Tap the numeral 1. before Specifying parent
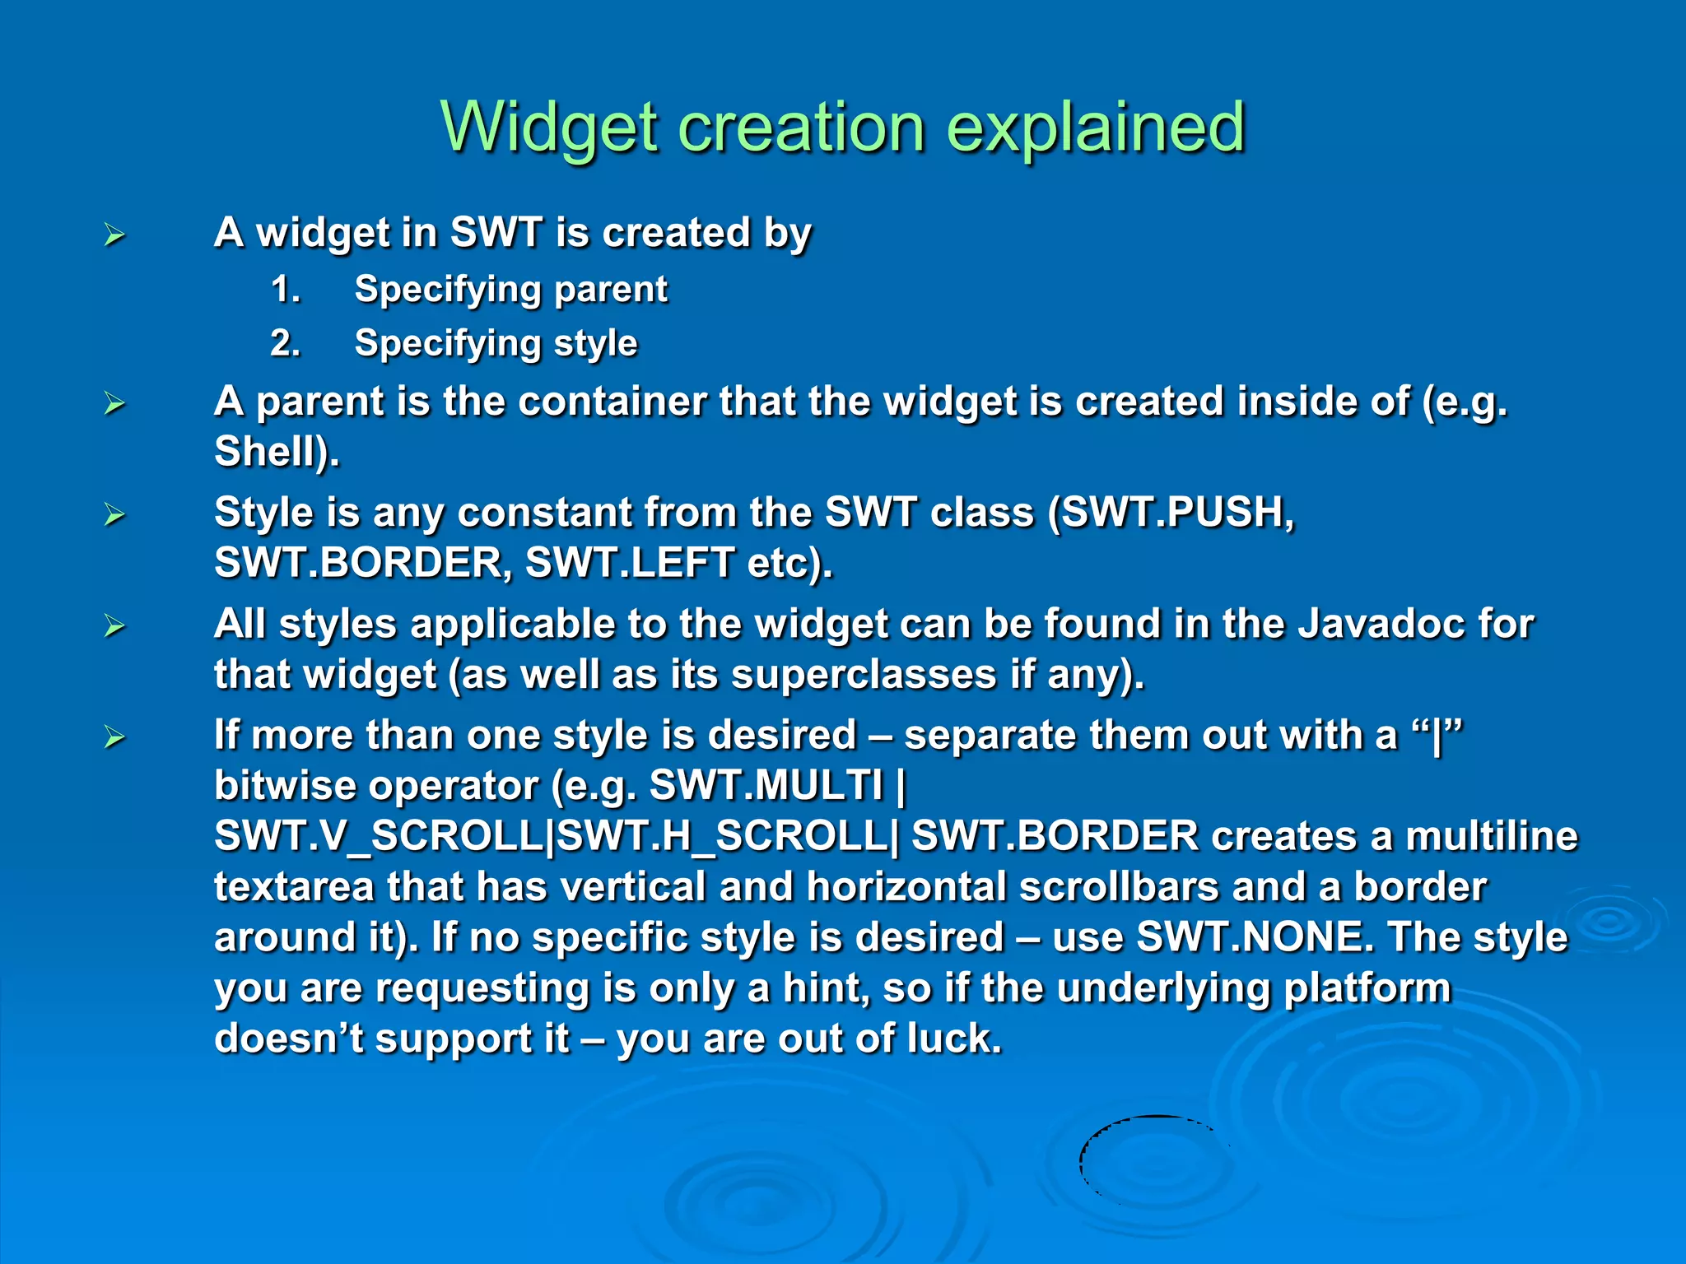click(x=286, y=289)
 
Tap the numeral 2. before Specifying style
click(x=286, y=342)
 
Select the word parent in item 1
click(x=610, y=289)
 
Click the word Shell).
click(x=277, y=452)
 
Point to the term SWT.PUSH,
click(x=1178, y=512)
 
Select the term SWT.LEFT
click(x=630, y=563)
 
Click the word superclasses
click(x=864, y=675)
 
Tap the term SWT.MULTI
click(x=766, y=785)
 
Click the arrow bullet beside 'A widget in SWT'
click(x=114, y=235)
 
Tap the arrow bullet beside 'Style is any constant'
click(x=114, y=515)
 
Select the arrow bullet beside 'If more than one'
click(x=114, y=737)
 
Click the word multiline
click(x=1491, y=836)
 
